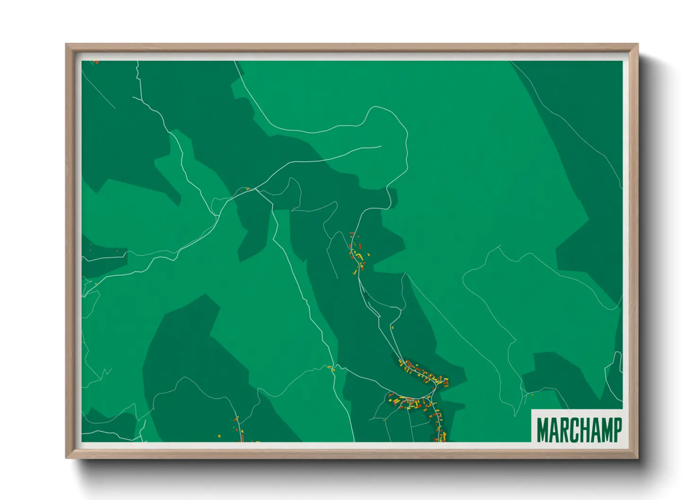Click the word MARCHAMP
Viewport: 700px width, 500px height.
(579, 430)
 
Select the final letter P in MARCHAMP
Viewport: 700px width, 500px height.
(617, 430)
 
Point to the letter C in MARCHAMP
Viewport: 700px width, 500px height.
(574, 430)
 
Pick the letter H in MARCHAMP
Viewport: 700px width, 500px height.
(585, 430)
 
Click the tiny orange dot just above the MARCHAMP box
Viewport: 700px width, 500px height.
(533, 395)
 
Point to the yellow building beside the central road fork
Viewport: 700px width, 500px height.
(247, 189)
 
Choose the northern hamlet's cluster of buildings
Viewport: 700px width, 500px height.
(357, 253)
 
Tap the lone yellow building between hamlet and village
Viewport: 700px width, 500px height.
(392, 327)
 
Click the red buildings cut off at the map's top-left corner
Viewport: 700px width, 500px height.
(96, 62)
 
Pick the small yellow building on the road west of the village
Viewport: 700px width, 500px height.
(332, 368)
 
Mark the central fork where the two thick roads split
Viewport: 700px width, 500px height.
(256, 190)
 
